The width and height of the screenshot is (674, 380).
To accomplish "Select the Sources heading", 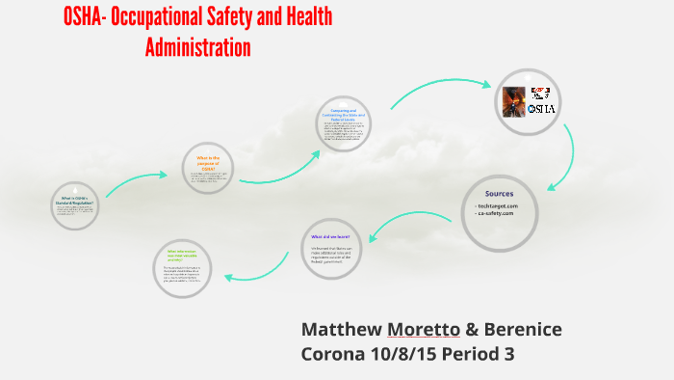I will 499,193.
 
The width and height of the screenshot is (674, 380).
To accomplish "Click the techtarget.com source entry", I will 498,205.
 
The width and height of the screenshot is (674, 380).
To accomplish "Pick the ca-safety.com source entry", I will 496,213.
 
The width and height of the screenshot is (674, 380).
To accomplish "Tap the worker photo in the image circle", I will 513,100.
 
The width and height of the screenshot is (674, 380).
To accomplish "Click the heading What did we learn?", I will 330,236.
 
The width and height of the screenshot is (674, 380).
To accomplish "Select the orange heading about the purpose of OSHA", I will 209,161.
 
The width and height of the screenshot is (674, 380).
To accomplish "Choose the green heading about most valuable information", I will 181,254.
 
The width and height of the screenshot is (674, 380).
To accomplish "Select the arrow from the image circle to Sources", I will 566,154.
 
